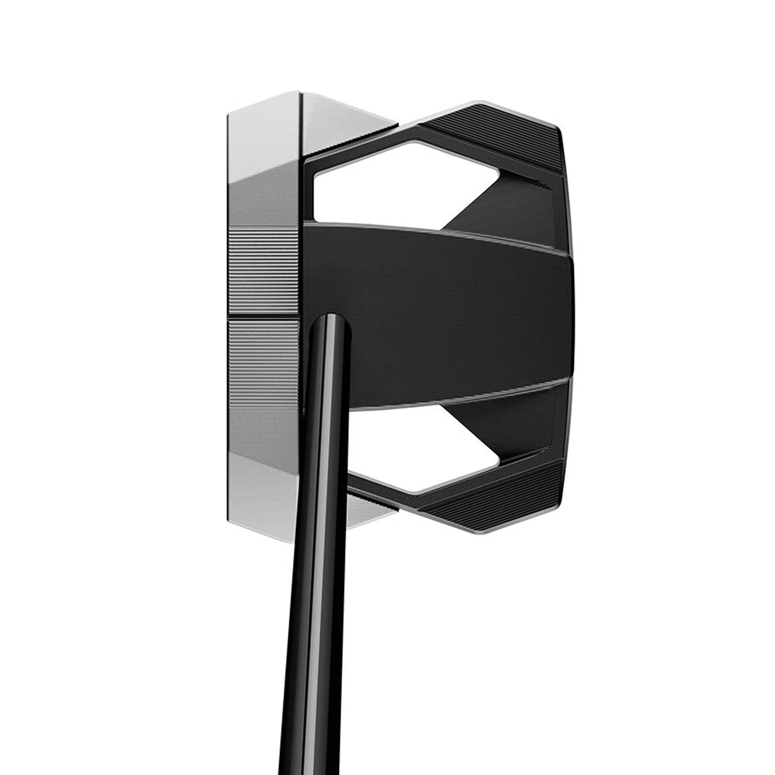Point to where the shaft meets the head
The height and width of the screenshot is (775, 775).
[x=329, y=323]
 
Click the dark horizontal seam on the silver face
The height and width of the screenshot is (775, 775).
[x=263, y=316]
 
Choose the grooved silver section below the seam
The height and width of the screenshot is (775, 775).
[x=263, y=362]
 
